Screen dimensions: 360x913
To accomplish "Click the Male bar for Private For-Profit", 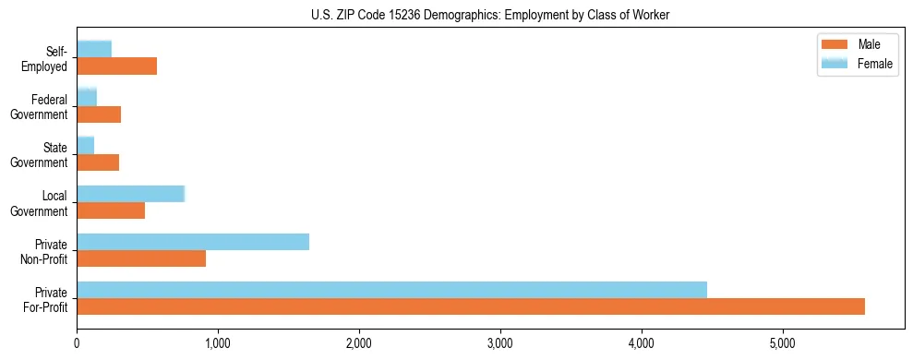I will (471, 306).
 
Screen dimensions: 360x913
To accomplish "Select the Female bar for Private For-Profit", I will (391, 290).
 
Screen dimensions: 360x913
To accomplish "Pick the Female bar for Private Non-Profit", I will (193, 242).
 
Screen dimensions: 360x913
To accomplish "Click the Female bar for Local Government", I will (131, 194).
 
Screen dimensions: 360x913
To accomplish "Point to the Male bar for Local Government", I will (111, 210).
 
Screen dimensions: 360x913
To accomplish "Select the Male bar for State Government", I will (98, 162).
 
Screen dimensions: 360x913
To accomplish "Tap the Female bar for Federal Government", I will (87, 98).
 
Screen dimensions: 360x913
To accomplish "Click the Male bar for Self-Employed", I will (117, 66).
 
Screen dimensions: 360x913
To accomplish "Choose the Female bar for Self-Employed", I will (94, 49).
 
